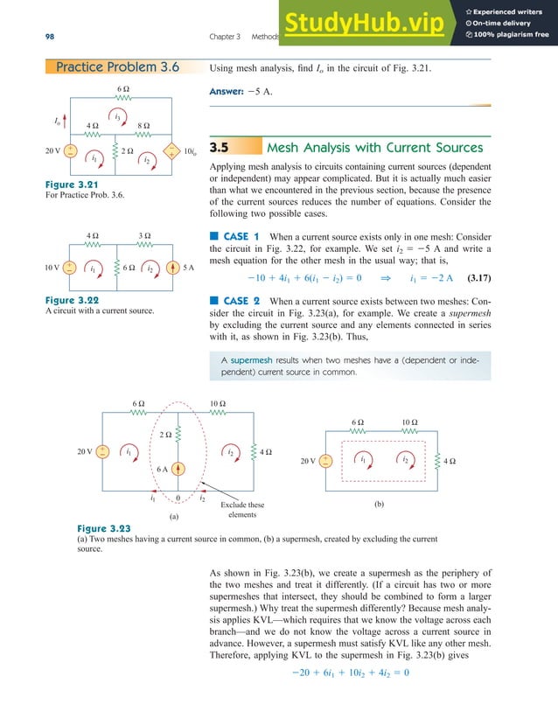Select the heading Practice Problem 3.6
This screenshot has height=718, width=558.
[x=116, y=67]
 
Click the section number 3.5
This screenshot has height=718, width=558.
[x=220, y=148]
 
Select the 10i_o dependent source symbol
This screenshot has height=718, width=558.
[x=174, y=151]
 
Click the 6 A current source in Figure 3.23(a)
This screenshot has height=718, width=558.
[x=178, y=469]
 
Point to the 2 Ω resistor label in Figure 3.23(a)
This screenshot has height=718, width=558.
[x=166, y=434]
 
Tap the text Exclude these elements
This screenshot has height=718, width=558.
[x=242, y=510]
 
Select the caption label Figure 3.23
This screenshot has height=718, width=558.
[x=104, y=529]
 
